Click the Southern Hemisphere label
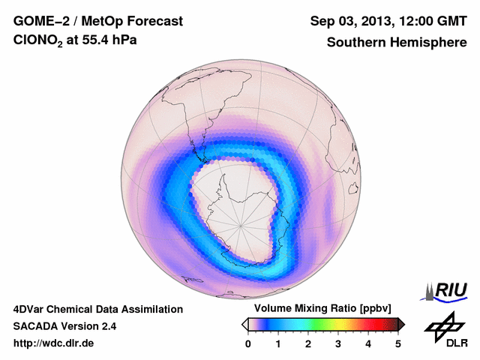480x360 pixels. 397,42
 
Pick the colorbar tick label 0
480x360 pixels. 248,343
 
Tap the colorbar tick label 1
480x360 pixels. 278,343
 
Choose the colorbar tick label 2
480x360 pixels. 308,343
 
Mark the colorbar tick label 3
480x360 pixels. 338,343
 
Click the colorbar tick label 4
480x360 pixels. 368,343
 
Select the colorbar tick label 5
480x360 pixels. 398,343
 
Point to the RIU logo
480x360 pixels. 447,291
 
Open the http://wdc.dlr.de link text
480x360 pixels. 54,343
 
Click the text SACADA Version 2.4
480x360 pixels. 64,326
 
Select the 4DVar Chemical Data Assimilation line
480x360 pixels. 97,309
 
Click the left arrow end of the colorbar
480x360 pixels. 244,324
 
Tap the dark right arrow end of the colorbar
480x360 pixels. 401,324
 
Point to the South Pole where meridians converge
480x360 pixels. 241,224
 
